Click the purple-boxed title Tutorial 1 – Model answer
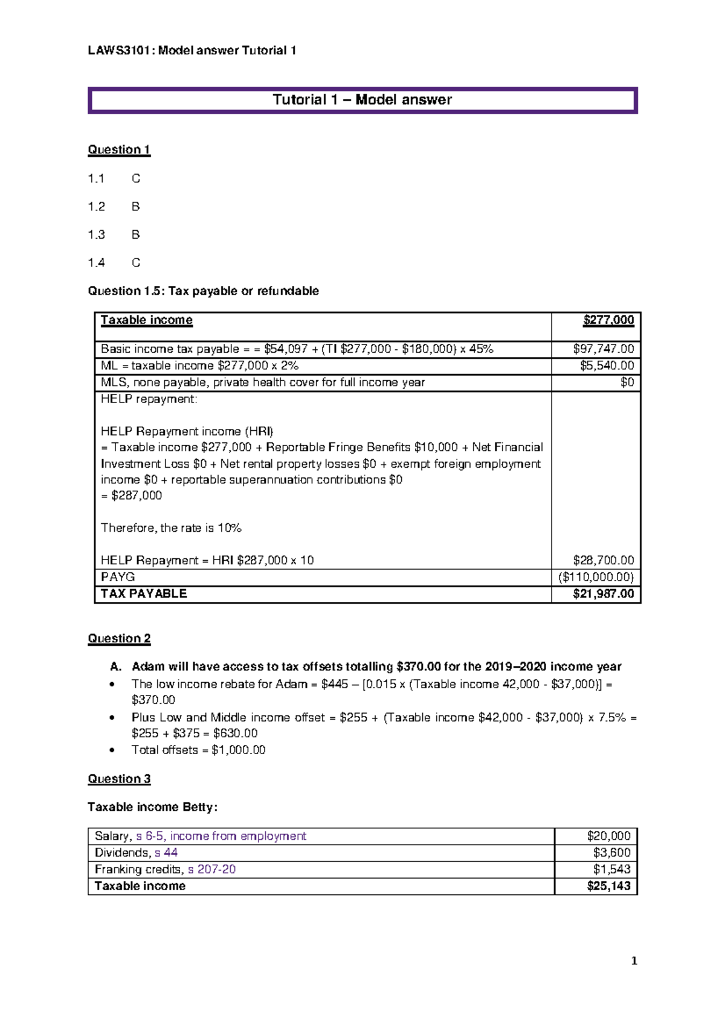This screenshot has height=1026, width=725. [x=362, y=100]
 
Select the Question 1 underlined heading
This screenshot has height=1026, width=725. [x=119, y=150]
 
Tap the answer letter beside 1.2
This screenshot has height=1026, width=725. [x=135, y=207]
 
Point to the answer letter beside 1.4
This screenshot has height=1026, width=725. [x=135, y=263]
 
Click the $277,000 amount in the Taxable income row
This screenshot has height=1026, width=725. [x=608, y=320]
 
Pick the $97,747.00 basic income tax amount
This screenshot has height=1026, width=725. [x=603, y=349]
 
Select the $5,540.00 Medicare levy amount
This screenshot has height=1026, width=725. [x=607, y=366]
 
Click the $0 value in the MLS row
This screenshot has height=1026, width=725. [x=627, y=382]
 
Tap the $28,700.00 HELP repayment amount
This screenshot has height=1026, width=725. [x=603, y=560]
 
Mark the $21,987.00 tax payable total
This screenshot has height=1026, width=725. [x=603, y=594]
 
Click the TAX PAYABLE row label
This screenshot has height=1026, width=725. [x=144, y=594]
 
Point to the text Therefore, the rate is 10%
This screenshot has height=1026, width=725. [x=171, y=528]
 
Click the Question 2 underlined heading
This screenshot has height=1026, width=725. [x=119, y=639]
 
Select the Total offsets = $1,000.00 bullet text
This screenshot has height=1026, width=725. [x=198, y=750]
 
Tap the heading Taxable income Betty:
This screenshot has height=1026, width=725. [x=152, y=807]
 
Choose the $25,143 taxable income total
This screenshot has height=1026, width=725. [x=608, y=886]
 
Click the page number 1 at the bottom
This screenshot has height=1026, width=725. [x=634, y=961]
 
